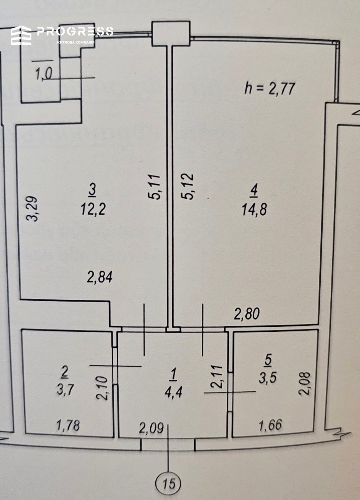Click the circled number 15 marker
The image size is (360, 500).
point(168,484)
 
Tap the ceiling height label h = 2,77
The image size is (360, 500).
point(270,88)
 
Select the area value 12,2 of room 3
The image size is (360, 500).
point(93,209)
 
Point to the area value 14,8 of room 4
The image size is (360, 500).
point(254,209)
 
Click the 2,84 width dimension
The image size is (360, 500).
point(100,277)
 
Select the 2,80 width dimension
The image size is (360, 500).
point(247,314)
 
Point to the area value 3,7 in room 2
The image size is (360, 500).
point(65,389)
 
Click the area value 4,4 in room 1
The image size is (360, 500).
point(173,392)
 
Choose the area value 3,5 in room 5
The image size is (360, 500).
point(268,378)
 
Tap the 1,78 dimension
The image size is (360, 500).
point(68,425)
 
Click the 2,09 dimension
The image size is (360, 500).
point(152,428)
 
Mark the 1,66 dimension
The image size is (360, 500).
point(270,425)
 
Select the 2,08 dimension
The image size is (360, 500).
point(305,383)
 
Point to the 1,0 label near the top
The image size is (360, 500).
point(43,74)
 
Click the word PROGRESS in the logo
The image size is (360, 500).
point(75,31)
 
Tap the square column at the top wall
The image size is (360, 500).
point(171,33)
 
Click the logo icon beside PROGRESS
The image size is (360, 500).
point(21,35)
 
